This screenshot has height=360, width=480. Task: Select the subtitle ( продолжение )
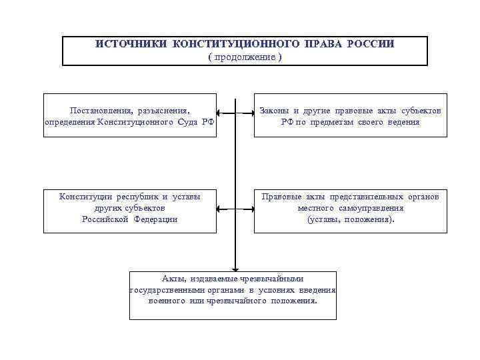(245, 57)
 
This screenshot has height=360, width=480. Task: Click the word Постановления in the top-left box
(99, 110)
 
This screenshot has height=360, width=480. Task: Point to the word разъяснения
(160, 110)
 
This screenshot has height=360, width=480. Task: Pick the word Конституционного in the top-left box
(137, 122)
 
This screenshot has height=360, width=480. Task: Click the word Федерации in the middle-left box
(153, 219)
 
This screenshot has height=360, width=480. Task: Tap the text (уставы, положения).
(351, 219)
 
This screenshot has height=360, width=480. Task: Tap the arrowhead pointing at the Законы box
(249, 114)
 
